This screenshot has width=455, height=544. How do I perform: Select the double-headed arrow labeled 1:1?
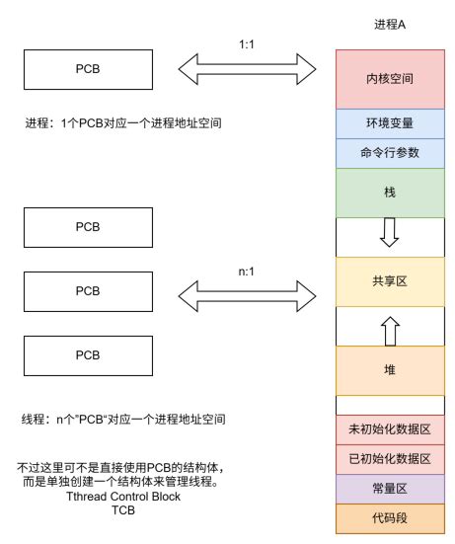pos(246,69)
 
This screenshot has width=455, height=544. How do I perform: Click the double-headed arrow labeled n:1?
pos(246,291)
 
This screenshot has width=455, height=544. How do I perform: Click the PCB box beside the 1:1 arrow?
pos(87,70)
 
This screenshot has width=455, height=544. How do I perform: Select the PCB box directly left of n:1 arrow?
pos(87,292)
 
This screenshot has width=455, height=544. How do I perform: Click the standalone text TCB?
pos(122,511)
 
